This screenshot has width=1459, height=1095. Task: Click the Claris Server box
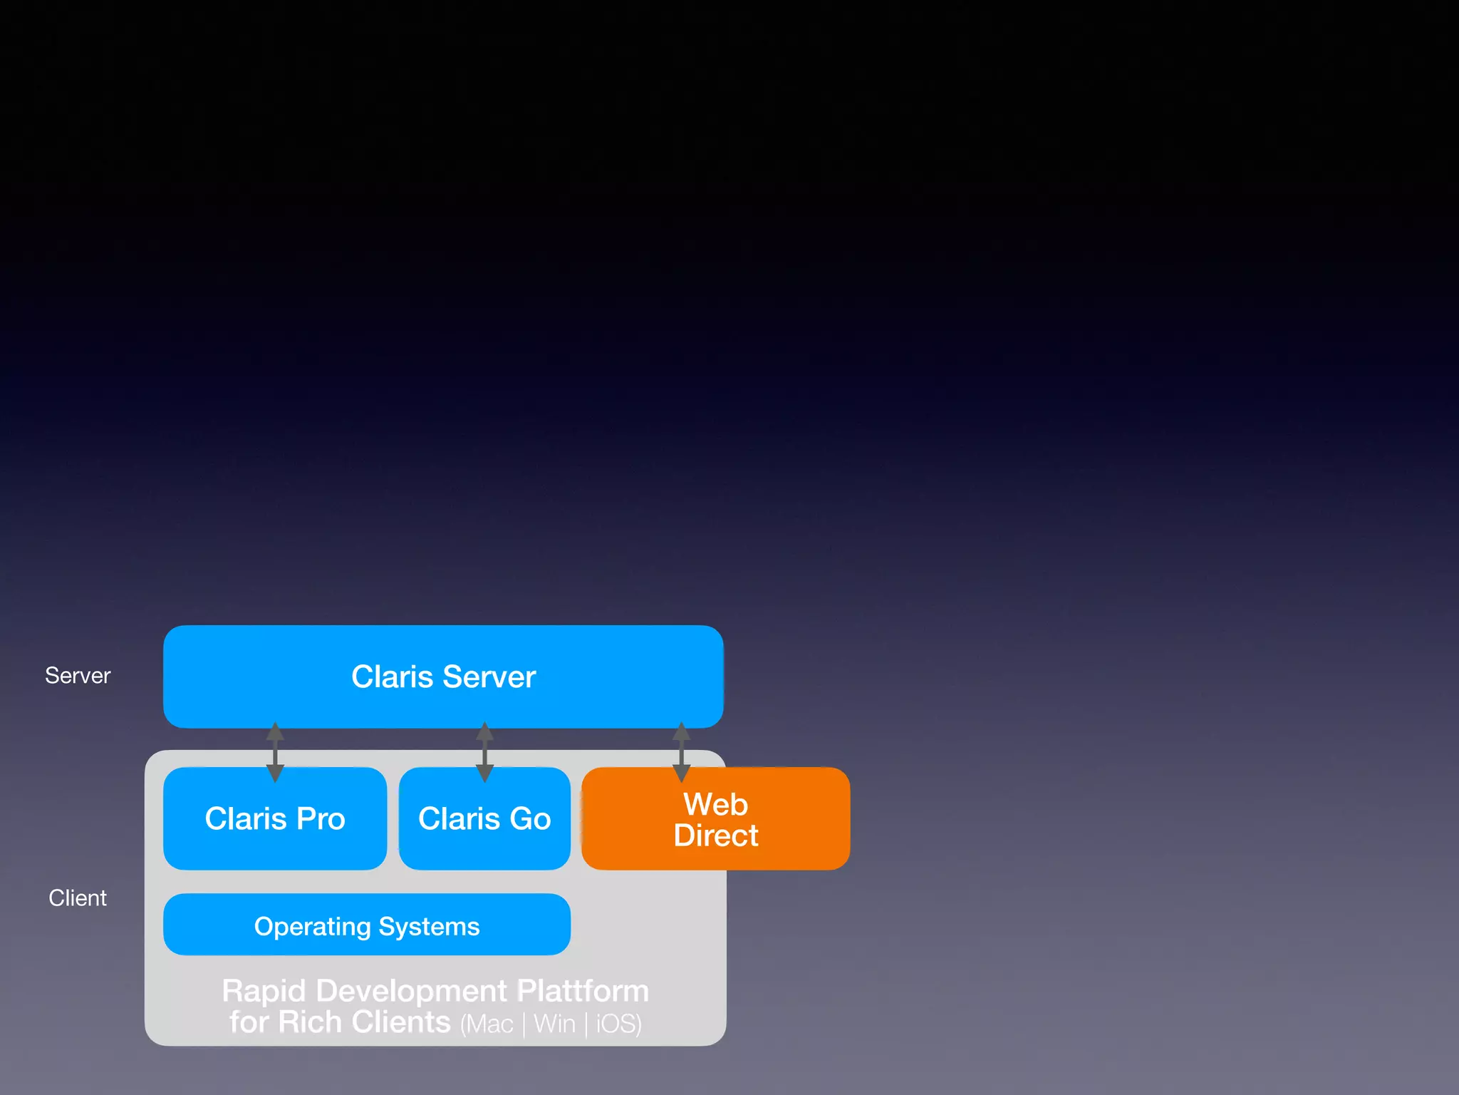pos(443,677)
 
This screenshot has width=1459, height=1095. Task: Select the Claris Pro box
pos(275,818)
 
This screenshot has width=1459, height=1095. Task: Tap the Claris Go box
pos(484,818)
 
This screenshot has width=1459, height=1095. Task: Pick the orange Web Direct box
pos(715,819)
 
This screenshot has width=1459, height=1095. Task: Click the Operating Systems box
pos(367,925)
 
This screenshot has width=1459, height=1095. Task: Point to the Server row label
pos(78,675)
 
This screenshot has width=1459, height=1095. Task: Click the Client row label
pos(78,898)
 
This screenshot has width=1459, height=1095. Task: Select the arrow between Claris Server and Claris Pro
pos(275,751)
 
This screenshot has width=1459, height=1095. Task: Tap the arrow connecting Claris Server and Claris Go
pos(484,751)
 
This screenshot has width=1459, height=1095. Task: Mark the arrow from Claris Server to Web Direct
pos(681,751)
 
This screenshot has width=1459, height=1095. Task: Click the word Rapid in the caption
pos(264,991)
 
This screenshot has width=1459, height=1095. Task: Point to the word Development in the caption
pos(411,991)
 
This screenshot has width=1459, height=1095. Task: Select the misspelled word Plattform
pos(583,991)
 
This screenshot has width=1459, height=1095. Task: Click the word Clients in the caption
pos(401,1022)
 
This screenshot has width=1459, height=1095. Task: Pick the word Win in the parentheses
pos(554,1024)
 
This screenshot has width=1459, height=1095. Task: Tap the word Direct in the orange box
pos(716,836)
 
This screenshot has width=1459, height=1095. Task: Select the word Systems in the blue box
pos(429,926)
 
